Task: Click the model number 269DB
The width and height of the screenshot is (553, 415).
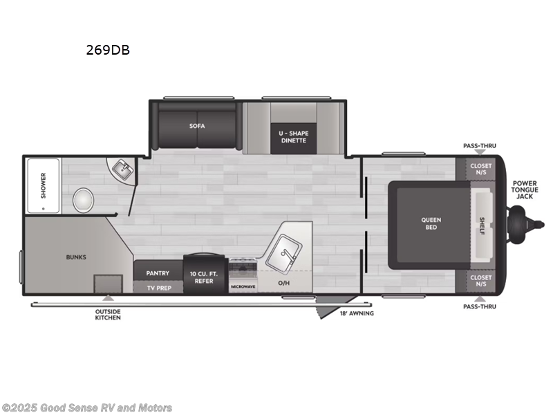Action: [x=107, y=50]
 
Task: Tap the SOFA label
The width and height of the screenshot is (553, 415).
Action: [x=198, y=126]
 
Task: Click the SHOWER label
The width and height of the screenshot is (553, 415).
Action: [x=43, y=185]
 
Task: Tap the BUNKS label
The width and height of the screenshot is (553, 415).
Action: [x=76, y=257]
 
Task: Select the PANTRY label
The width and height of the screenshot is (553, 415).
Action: [x=158, y=273]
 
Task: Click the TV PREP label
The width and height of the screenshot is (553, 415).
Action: [x=158, y=286]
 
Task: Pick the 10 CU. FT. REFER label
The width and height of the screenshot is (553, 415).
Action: [x=202, y=277]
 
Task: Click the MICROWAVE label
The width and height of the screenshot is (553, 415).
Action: [x=243, y=286]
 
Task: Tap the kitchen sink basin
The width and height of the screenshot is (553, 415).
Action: [x=285, y=250]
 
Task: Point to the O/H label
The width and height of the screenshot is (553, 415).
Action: [x=284, y=282]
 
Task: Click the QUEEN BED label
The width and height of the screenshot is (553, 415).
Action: [x=431, y=223]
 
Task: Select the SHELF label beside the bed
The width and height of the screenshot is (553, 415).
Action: [x=482, y=225]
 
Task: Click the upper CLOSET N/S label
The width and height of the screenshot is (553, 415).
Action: [x=480, y=169]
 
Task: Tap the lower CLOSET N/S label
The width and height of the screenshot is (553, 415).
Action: [x=480, y=281]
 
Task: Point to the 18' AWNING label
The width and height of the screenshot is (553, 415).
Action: [x=357, y=313]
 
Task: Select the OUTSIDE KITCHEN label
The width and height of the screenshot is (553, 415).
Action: [x=108, y=314]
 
